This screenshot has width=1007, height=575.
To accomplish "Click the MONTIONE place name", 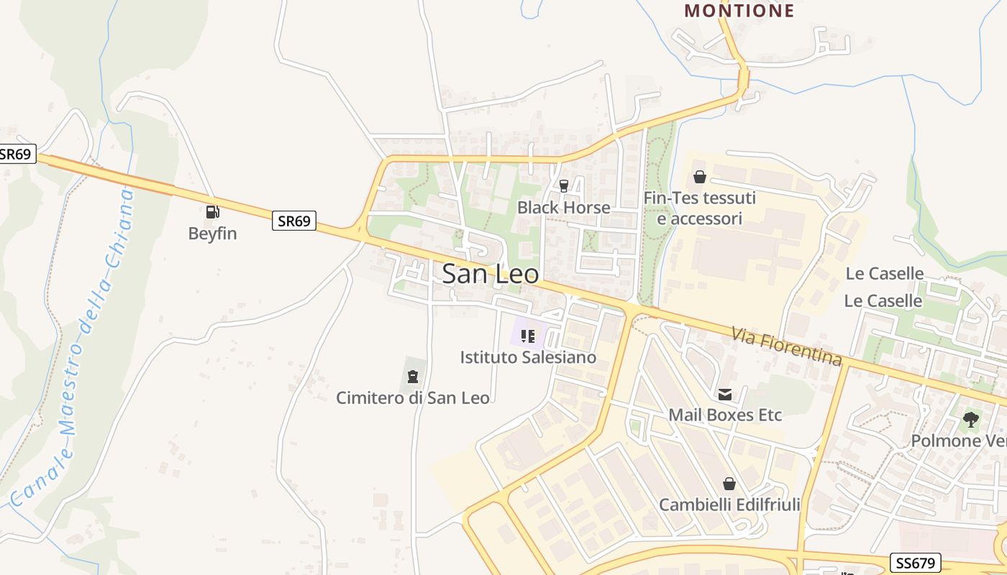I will pyautogui.click(x=739, y=11).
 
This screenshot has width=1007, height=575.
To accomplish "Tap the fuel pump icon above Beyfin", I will pyautogui.click(x=212, y=211).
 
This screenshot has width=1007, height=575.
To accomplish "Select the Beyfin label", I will pyautogui.click(x=212, y=234).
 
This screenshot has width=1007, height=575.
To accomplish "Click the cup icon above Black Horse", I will pyautogui.click(x=564, y=186).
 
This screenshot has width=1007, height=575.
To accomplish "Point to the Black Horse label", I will pyautogui.click(x=564, y=208).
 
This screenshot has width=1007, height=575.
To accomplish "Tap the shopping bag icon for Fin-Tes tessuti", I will pyautogui.click(x=699, y=177).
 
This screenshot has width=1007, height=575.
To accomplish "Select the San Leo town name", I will pyautogui.click(x=491, y=274).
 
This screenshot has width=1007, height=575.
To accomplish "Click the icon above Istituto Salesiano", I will pyautogui.click(x=528, y=336).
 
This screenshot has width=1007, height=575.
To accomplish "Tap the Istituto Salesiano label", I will pyautogui.click(x=528, y=357).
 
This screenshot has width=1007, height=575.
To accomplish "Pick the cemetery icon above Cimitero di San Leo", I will pyautogui.click(x=413, y=376).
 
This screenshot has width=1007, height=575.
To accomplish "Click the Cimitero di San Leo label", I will pyautogui.click(x=413, y=397).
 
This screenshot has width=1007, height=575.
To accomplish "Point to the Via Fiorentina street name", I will pyautogui.click(x=786, y=346).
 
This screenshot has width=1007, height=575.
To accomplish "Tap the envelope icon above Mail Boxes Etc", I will pyautogui.click(x=724, y=394).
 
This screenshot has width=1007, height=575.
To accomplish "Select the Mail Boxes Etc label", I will pyautogui.click(x=725, y=415).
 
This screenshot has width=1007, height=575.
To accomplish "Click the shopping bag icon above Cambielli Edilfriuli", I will pyautogui.click(x=729, y=484).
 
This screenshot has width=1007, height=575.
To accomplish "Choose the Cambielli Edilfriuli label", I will pyautogui.click(x=729, y=505).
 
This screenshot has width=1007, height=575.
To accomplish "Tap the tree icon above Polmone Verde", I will pyautogui.click(x=971, y=419).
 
